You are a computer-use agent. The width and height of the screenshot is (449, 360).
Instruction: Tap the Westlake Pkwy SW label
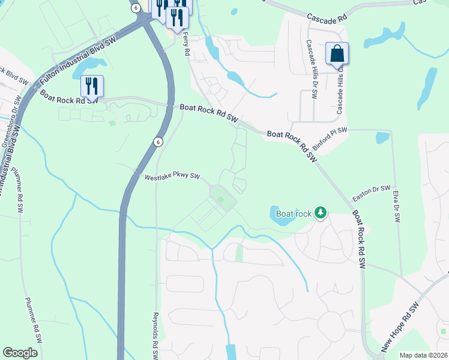[x=172, y=176]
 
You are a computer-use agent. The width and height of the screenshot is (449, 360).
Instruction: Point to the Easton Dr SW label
[x=371, y=193]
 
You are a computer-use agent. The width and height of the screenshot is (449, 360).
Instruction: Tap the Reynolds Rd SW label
[x=155, y=336]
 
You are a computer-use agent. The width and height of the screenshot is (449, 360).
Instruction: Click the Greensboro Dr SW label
[x=8, y=128]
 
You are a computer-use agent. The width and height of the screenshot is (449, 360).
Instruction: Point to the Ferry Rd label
[x=187, y=46]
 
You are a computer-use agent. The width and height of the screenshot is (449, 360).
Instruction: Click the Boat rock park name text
[x=294, y=214]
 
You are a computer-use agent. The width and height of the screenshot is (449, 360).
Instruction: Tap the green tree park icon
[x=321, y=212]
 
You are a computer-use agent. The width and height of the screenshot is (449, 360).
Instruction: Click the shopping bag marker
[x=337, y=53]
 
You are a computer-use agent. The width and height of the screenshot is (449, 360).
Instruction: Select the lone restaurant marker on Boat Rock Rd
[x=92, y=86]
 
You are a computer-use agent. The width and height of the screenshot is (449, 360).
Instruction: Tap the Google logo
[x=20, y=353]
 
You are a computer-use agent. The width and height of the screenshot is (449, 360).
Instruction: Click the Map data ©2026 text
[x=424, y=355]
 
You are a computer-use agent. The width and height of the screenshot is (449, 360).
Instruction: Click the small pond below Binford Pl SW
[x=382, y=137]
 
